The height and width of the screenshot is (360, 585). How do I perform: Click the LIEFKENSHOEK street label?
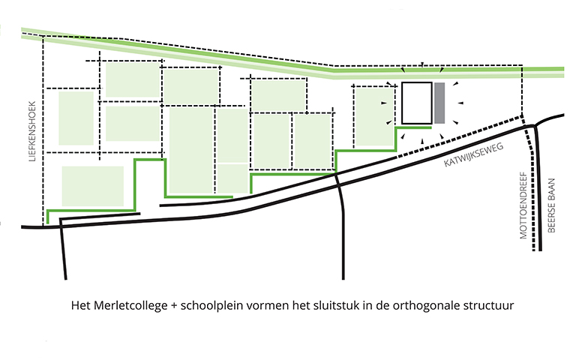[32, 131]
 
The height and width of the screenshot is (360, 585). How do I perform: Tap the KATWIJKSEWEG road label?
[473, 155]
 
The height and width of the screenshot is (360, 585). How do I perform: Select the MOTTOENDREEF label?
[523, 205]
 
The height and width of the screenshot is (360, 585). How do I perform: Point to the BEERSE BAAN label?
[551, 205]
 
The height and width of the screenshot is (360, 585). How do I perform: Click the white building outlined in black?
[417, 103]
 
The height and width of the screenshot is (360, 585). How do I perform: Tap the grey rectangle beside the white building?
[439, 103]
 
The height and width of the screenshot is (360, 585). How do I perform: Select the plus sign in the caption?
[174, 306]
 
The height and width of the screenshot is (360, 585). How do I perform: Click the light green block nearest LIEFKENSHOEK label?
[76, 118]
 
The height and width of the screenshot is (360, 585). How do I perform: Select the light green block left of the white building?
[374, 116]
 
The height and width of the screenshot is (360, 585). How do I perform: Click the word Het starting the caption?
[81, 305]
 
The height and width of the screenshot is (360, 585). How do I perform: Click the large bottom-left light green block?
[93, 186]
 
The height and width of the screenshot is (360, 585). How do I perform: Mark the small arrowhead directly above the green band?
[422, 64]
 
